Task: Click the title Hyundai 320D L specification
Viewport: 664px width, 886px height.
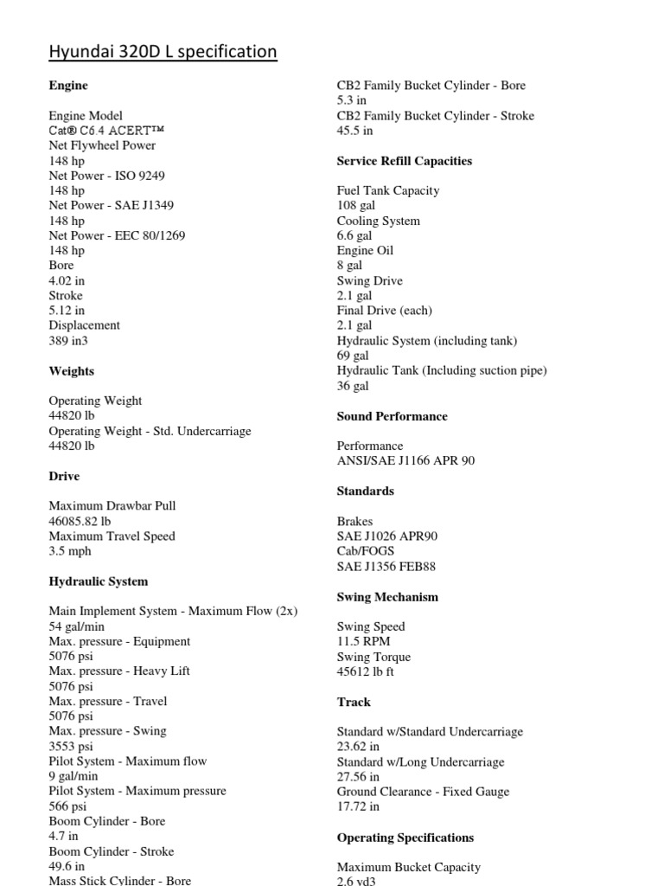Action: coord(163,52)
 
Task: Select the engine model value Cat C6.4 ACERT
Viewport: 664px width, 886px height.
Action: coord(106,131)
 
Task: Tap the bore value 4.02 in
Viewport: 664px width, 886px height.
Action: coord(67,280)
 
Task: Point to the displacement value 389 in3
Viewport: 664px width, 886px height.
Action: coord(68,341)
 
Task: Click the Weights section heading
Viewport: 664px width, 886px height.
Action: coord(72,371)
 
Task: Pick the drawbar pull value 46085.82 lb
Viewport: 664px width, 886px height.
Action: coord(80,521)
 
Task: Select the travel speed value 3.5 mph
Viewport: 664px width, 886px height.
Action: coord(70,551)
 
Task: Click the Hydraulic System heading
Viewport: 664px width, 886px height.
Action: coord(99,581)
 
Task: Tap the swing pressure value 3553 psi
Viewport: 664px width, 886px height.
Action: coord(70,746)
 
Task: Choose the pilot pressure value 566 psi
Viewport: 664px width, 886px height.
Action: coord(67,806)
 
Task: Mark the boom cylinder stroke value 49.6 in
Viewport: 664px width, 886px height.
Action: coord(67,866)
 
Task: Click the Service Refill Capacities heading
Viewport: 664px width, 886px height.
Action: coord(405,161)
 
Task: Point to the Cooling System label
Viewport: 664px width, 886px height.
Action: coord(379,221)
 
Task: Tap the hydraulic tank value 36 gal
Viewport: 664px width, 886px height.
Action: coord(353,386)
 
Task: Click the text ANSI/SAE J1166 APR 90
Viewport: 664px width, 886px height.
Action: coord(405,461)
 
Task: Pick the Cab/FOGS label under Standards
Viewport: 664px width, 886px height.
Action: coord(366,551)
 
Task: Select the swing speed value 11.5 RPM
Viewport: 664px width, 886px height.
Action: coord(363,641)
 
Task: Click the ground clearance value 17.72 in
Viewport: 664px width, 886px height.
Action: coord(358,806)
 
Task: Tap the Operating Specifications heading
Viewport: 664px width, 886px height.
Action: coord(405,838)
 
